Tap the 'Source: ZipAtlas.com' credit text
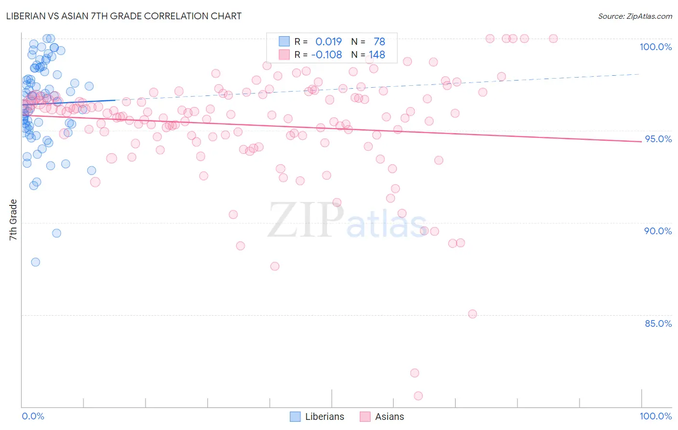click(635, 16)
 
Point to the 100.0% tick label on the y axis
click(655, 47)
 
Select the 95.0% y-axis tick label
click(658, 139)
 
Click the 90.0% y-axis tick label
click(658, 231)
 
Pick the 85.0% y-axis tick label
click(658, 323)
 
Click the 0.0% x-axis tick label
click(33, 416)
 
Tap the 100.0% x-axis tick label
click(655, 416)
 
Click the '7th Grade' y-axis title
click(13, 220)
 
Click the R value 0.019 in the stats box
click(328, 42)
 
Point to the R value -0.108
click(326, 55)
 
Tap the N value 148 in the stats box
click(377, 55)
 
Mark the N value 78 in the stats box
click(379, 42)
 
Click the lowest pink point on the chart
click(418, 396)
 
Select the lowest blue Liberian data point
click(35, 262)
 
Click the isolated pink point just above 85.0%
click(473, 314)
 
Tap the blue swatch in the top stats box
click(284, 42)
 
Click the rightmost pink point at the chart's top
click(553, 39)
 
